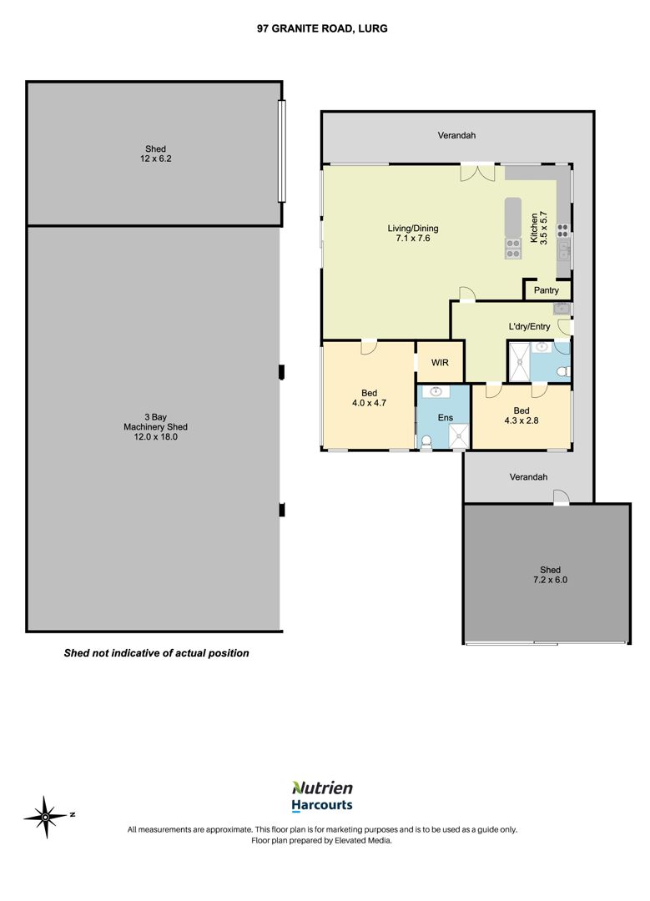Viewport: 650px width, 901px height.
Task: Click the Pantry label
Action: (546, 290)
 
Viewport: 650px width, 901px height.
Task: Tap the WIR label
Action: (440, 363)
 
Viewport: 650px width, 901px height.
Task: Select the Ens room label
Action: (446, 418)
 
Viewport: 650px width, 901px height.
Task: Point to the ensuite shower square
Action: (460, 436)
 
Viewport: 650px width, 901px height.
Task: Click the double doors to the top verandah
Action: (477, 173)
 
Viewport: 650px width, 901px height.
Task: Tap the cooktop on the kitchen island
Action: (512, 249)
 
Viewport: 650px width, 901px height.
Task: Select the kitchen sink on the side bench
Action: (564, 250)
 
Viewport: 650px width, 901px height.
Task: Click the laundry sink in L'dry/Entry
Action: (561, 310)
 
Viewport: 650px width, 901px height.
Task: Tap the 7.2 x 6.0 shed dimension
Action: (550, 580)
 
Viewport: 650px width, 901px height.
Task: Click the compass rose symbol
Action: (46, 817)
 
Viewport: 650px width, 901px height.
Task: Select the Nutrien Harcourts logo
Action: (322, 797)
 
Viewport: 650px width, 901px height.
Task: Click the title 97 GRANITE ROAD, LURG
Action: (322, 28)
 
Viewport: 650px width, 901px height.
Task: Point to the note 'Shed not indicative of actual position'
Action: (156, 652)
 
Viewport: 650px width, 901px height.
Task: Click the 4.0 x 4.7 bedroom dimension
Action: (369, 403)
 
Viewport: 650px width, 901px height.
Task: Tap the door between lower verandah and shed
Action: (561, 497)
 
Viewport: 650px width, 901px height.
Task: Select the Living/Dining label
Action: (413, 228)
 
